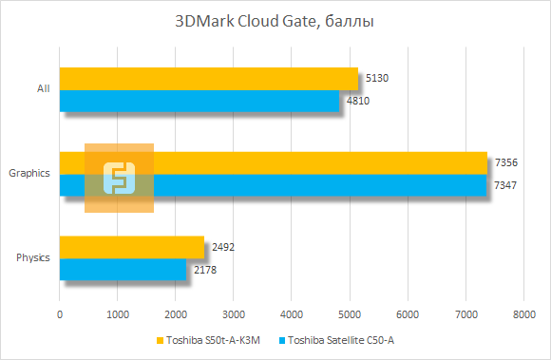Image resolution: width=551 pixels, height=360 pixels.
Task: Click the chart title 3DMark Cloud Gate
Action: pos(275,20)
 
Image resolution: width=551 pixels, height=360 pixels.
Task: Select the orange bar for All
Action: pos(209,78)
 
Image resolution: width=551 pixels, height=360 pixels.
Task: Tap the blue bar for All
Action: pos(199,101)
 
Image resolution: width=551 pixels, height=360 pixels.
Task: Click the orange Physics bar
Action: pos(132,247)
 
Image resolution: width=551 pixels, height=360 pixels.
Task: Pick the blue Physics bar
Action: pos(123,270)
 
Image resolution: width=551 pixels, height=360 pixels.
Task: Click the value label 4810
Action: pos(358,100)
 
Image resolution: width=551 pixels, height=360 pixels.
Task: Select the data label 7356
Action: pos(505,162)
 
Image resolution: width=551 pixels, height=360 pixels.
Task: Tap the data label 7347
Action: pos(505,184)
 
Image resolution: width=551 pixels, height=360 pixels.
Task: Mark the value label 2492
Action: pos(223,247)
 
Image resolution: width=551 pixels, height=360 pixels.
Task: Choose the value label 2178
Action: pos(205,270)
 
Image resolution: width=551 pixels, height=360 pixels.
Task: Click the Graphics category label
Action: pos(29,174)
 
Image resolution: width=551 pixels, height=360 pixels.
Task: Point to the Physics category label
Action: pos(33,257)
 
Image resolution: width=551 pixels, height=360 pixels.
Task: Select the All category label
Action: pos(43,89)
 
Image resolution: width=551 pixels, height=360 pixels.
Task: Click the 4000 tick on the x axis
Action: pos(292,313)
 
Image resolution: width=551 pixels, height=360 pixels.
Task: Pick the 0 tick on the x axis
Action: pos(60,313)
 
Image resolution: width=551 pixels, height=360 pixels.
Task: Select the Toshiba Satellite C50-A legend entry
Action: pos(337,340)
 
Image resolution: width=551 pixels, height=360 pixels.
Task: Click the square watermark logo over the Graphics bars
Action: pos(119,178)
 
